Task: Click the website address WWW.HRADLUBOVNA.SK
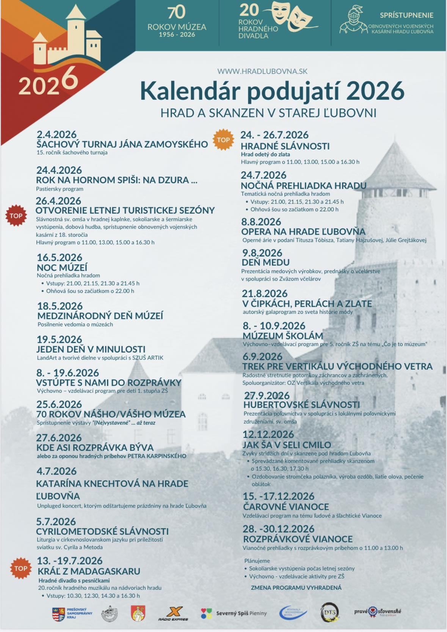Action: pyautogui.click(x=262, y=71)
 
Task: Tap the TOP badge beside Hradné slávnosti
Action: pyautogui.click(x=223, y=140)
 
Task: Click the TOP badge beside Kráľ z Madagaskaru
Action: pyautogui.click(x=21, y=568)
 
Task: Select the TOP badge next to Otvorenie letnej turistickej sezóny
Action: pyautogui.click(x=16, y=216)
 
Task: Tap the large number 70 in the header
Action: pyautogui.click(x=176, y=13)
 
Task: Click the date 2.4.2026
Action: pyautogui.click(x=56, y=134)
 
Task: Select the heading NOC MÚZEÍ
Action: pyautogui.click(x=62, y=267)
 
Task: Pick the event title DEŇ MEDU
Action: pyautogui.click(x=265, y=262)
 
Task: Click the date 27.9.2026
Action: pyautogui.click(x=267, y=395)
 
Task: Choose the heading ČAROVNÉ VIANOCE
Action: pyautogui.click(x=286, y=506)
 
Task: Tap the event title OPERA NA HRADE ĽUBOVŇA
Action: pyautogui.click(x=303, y=232)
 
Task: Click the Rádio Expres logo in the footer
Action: pyautogui.click(x=173, y=613)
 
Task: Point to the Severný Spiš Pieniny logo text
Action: pyautogui.click(x=241, y=613)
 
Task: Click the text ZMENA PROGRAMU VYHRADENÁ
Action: pyautogui.click(x=296, y=588)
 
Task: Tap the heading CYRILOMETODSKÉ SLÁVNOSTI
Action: pyautogui.click(x=102, y=531)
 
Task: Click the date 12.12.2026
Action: pyautogui.click(x=268, y=434)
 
